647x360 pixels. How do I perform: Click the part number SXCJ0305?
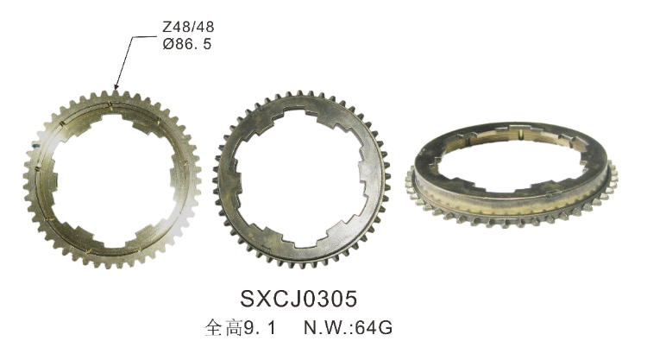click(x=298, y=299)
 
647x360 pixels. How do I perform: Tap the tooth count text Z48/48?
click(x=188, y=28)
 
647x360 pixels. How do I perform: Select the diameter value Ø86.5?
click(x=187, y=43)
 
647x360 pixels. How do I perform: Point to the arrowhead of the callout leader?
click(x=116, y=86)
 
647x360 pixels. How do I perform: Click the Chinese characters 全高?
click(x=224, y=328)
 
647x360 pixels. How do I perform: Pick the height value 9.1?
click(x=260, y=328)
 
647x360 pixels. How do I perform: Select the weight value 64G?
click(x=374, y=328)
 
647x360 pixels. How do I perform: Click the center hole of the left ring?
click(x=112, y=180)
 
